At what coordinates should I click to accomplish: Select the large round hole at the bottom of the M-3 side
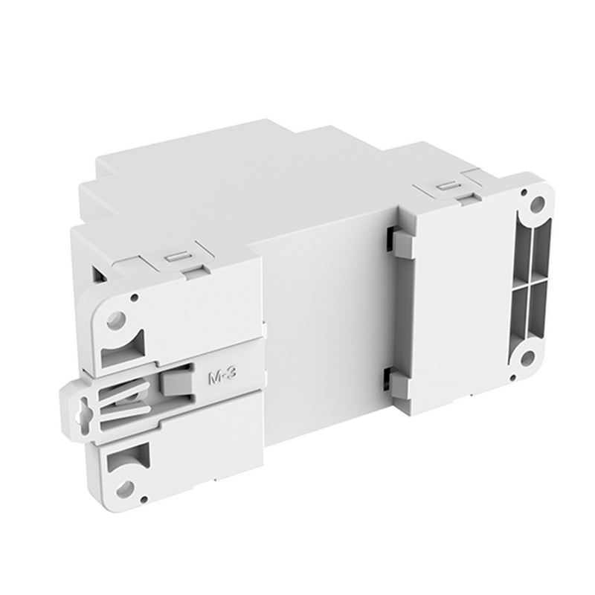(124, 489)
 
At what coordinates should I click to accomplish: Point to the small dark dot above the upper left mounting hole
(134, 297)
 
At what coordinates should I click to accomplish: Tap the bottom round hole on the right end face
(526, 358)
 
